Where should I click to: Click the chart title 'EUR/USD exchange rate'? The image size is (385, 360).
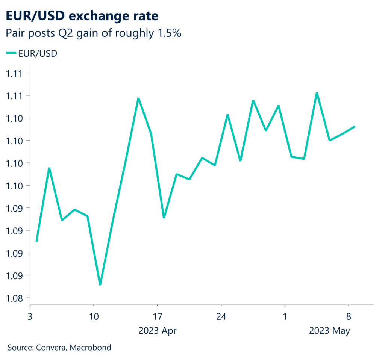click(82, 16)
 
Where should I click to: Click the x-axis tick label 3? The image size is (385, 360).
click(30, 316)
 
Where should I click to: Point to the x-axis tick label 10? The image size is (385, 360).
click(94, 316)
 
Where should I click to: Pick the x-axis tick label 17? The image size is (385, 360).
click(157, 316)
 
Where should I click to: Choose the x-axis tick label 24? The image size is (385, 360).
click(221, 316)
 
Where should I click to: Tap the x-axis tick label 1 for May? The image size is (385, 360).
click(285, 316)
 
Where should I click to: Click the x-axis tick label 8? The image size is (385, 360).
click(349, 316)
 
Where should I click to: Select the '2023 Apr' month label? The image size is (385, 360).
click(157, 331)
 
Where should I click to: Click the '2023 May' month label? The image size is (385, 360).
click(329, 331)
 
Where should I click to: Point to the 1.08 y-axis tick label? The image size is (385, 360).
click(14, 298)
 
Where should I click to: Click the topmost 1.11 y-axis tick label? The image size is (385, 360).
click(14, 73)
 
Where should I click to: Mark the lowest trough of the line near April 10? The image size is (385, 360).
click(100, 285)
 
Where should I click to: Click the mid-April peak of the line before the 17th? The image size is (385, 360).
click(138, 98)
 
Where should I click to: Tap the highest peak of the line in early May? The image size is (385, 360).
click(317, 92)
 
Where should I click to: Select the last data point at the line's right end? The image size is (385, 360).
click(355, 127)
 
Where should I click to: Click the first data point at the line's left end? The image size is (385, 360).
click(36, 241)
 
